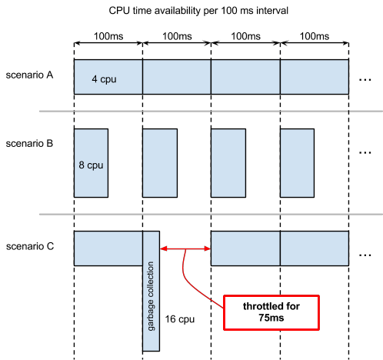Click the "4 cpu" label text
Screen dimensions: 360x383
click(104, 78)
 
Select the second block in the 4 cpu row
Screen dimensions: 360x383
click(176, 77)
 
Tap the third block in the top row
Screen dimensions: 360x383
click(245, 77)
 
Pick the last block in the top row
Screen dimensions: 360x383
click(314, 77)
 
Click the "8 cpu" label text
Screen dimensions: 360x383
click(91, 165)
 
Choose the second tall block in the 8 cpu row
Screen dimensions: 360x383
click(159, 163)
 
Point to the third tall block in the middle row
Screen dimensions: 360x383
click(228, 163)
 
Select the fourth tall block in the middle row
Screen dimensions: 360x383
click(297, 163)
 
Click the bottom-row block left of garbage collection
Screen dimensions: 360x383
click(108, 248)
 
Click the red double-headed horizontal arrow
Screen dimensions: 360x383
click(185, 248)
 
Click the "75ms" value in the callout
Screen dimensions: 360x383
click(271, 318)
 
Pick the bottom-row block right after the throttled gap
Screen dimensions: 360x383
click(245, 248)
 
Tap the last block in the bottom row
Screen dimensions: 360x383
click(314, 248)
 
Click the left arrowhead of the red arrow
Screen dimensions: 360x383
click(162, 248)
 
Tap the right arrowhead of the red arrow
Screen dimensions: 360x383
click(208, 248)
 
